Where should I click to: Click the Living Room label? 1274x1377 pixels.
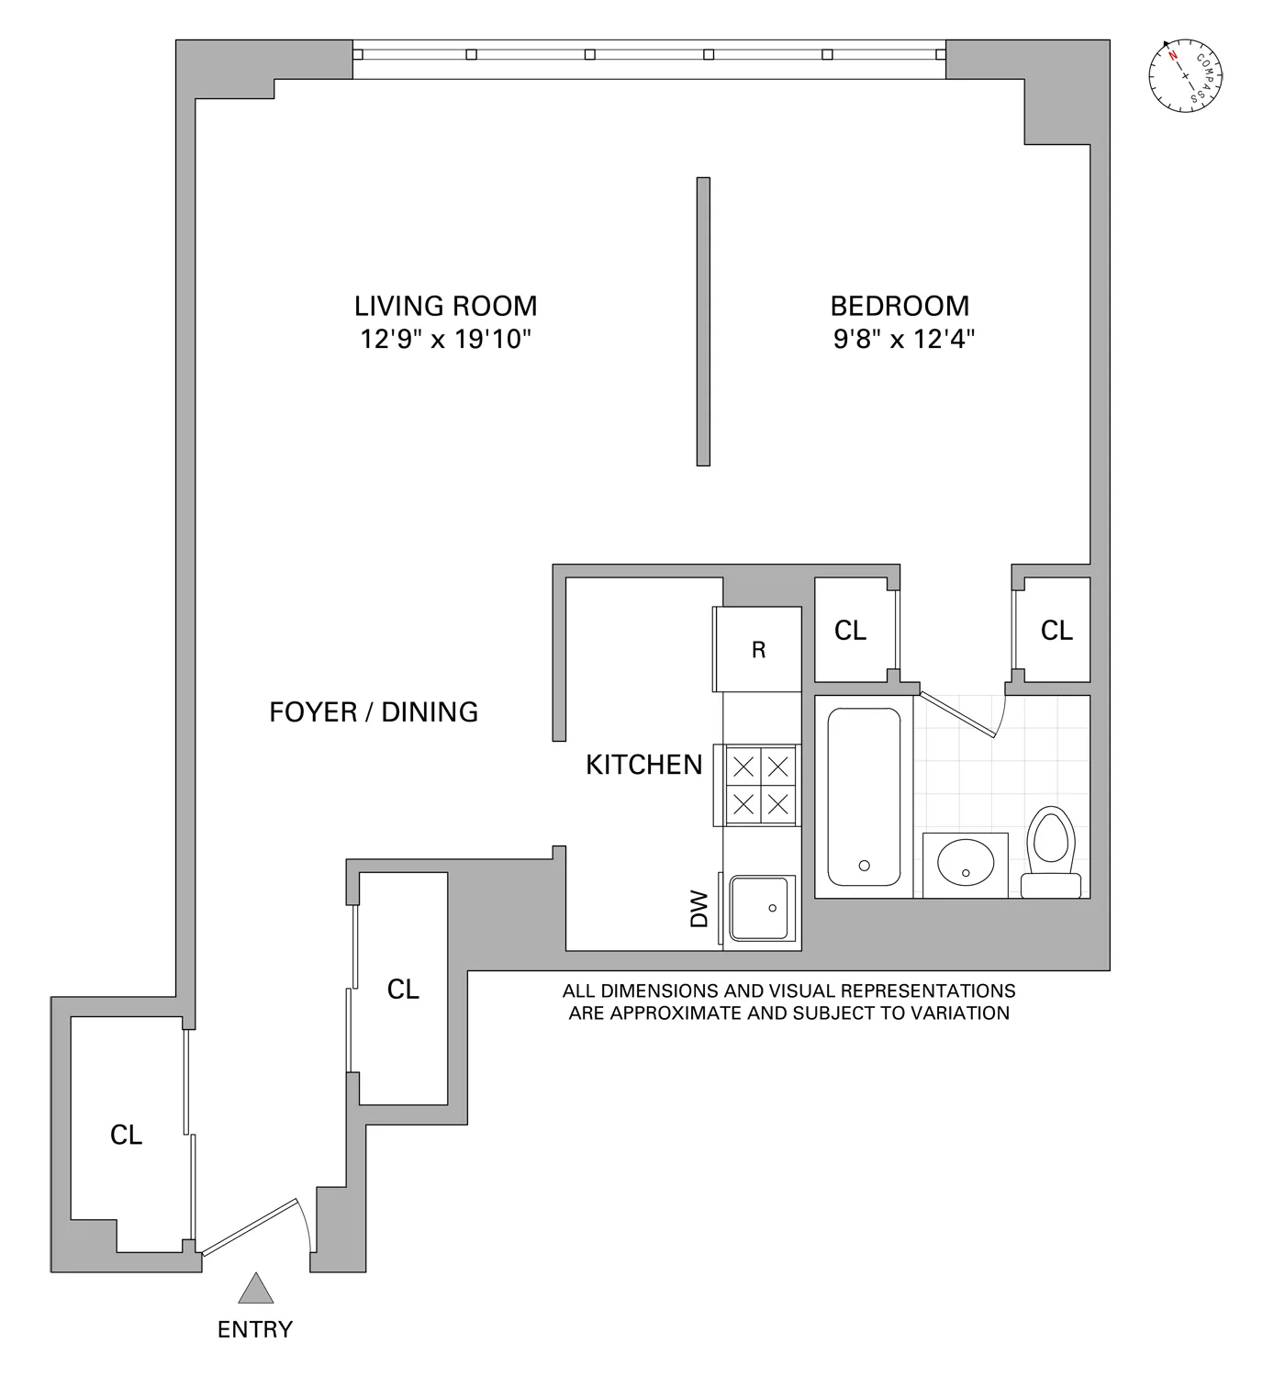tap(445, 306)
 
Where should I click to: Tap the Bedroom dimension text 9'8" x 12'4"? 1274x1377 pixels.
tap(904, 339)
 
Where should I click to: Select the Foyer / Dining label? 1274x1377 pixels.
tap(374, 712)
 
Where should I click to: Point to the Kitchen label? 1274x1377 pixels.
tap(643, 765)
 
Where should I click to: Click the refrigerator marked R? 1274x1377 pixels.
tap(758, 649)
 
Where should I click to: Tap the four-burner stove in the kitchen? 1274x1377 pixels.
tap(758, 785)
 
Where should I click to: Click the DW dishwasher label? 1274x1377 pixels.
tap(699, 909)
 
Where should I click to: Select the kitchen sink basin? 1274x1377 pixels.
tap(759, 908)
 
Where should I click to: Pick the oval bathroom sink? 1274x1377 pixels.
tap(966, 862)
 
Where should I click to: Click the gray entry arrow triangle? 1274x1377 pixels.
tap(256, 1288)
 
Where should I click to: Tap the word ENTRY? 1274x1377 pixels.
tap(255, 1329)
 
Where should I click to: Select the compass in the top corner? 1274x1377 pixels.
tap(1185, 75)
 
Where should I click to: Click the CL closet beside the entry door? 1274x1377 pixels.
tap(127, 1135)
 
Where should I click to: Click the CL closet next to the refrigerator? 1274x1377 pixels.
tap(851, 630)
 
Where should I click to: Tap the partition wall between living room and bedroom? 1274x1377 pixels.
tap(703, 321)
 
